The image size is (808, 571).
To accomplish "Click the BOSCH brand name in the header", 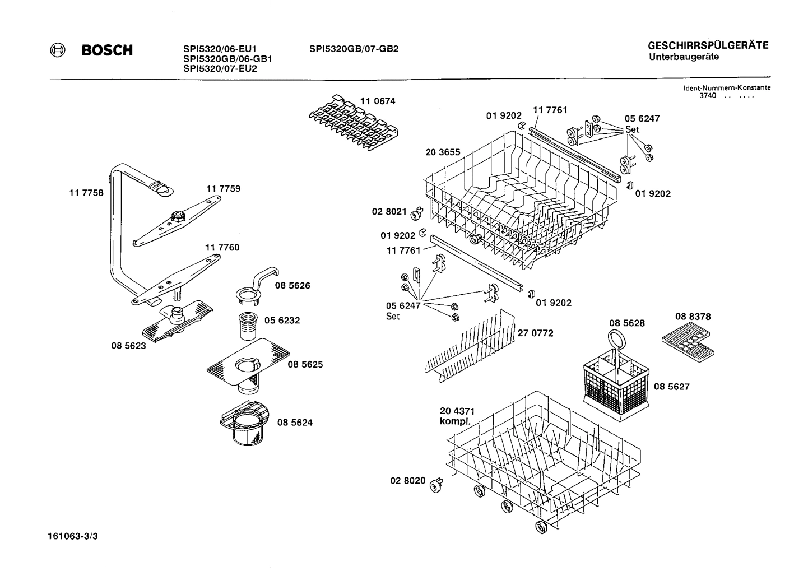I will pyautogui.click(x=108, y=50).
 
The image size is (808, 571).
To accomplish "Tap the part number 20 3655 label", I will pyautogui.click(x=443, y=152).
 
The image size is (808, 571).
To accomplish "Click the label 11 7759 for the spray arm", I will pyautogui.click(x=223, y=189).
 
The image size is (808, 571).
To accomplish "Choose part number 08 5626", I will pyautogui.click(x=292, y=286).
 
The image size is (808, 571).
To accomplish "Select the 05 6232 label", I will pyautogui.click(x=282, y=321).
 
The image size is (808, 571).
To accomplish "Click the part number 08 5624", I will pyautogui.click(x=295, y=423).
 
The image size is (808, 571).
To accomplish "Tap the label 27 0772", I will pyautogui.click(x=535, y=333).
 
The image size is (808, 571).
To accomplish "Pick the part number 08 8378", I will pyautogui.click(x=693, y=317).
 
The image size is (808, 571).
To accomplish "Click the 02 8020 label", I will pyautogui.click(x=407, y=481).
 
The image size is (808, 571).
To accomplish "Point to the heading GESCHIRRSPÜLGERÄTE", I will pyautogui.click(x=708, y=46).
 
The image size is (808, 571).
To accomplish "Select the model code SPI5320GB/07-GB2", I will pyautogui.click(x=354, y=49).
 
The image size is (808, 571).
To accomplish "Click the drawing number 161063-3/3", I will pyautogui.click(x=73, y=536).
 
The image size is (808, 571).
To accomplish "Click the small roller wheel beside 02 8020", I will pyautogui.click(x=436, y=485).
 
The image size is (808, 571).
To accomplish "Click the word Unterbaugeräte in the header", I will pyautogui.click(x=684, y=57).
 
